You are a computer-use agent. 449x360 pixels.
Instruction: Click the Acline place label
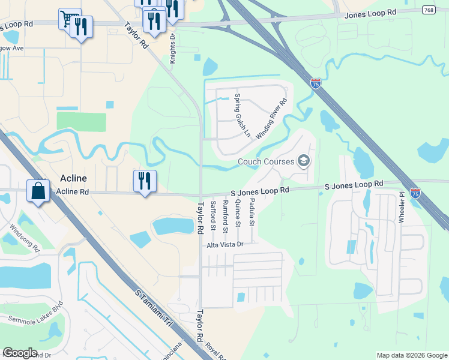[73, 178]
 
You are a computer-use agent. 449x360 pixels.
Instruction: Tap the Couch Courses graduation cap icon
[304, 161]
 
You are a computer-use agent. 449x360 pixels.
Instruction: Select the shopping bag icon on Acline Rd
[38, 191]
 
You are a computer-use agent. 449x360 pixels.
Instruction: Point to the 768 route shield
[429, 10]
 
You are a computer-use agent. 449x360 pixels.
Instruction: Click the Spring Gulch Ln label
[242, 115]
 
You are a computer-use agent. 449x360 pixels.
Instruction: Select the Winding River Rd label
[272, 119]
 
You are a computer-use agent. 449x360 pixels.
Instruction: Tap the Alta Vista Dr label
[224, 245]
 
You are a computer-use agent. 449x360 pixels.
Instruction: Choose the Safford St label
[213, 216]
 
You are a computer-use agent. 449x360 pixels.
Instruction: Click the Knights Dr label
[172, 48]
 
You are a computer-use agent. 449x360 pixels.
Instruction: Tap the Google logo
[20, 353]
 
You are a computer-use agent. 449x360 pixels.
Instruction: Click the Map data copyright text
[411, 355]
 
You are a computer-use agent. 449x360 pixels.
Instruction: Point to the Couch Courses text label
[266, 161]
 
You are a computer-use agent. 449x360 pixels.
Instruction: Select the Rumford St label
[226, 217]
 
